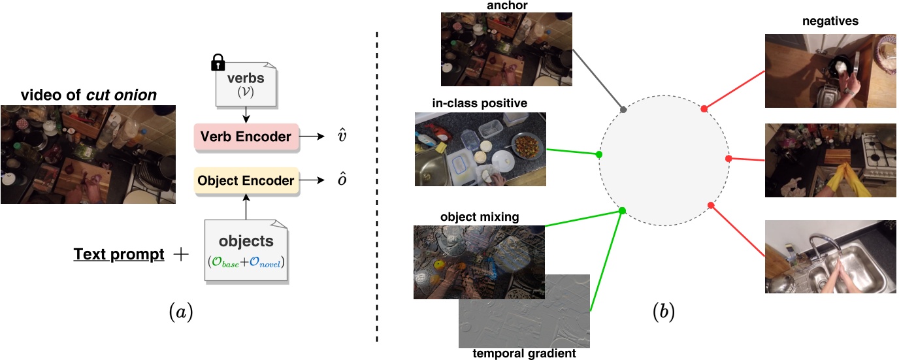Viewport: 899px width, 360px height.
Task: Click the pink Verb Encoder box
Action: pyautogui.click(x=246, y=137)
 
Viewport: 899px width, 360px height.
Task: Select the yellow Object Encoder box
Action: pyautogui.click(x=246, y=180)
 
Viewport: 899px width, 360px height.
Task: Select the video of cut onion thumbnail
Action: pyautogui.click(x=88, y=154)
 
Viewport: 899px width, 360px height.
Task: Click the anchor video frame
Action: pyautogui.click(x=506, y=50)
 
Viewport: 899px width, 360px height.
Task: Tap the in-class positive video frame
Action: pyautogui.click(x=480, y=149)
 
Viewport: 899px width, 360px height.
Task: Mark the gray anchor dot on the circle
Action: pyautogui.click(x=624, y=109)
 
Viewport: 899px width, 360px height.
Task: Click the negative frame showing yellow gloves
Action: pyautogui.click(x=830, y=160)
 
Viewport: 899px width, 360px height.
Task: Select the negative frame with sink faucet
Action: pyautogui.click(x=830, y=256)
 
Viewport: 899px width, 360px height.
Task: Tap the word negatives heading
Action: pyautogui.click(x=830, y=22)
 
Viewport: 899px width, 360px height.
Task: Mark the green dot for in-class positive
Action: pyautogui.click(x=599, y=155)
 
